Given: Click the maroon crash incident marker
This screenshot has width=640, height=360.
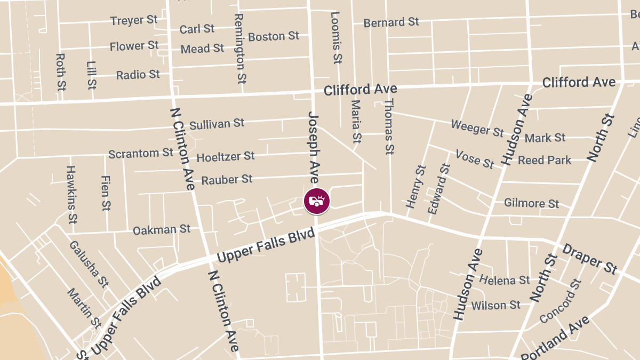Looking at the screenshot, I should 317,202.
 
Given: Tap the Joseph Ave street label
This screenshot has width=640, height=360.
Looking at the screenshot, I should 313,148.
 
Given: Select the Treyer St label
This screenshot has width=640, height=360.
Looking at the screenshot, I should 134,21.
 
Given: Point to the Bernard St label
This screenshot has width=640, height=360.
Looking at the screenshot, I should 391,23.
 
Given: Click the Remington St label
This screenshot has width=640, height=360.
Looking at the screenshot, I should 239,48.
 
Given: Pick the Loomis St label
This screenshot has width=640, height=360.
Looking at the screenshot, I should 335,38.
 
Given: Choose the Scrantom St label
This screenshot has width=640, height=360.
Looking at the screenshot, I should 141,154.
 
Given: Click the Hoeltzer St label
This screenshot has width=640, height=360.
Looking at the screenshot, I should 226,157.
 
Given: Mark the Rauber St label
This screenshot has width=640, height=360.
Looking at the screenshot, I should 227,180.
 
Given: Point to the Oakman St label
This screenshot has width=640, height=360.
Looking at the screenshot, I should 162,230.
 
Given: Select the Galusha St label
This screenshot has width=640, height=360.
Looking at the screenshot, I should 89,263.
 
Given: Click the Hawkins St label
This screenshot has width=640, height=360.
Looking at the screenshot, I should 71,194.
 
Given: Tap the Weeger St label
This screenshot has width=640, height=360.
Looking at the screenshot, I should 477,128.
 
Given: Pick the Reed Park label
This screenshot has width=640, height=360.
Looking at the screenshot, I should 545,160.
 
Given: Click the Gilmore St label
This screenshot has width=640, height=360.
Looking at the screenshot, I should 531,203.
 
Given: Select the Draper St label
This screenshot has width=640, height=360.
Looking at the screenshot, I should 590,259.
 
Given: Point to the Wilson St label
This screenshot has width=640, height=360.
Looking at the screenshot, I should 495,306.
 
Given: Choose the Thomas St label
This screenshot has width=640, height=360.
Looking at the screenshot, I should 389,126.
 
